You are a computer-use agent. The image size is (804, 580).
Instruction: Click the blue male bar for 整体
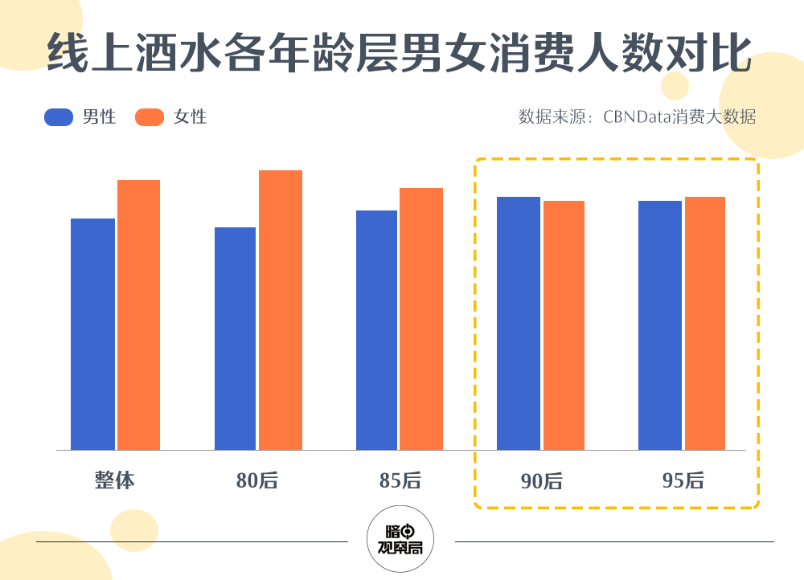click(x=92, y=334)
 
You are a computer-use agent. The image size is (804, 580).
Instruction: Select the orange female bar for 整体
click(x=138, y=315)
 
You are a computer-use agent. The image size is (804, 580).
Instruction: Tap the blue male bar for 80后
click(x=235, y=338)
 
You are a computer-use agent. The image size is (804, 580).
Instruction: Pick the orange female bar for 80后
click(x=281, y=310)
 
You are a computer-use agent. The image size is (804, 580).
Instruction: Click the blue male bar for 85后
click(x=376, y=330)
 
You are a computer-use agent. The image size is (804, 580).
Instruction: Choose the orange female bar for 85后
click(x=421, y=319)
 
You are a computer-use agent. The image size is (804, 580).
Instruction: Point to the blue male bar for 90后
click(x=519, y=323)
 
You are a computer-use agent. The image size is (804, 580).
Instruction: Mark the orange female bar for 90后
click(x=564, y=325)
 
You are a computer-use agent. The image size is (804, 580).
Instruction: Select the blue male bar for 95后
click(x=660, y=325)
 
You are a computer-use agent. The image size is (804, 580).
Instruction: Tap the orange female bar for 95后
click(x=705, y=323)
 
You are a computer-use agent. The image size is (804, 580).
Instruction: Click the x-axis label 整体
click(x=114, y=480)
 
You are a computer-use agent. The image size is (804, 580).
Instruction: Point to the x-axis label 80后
click(x=256, y=480)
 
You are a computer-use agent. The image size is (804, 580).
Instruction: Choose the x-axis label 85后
click(x=400, y=480)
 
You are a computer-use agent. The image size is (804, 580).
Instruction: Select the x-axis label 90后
click(x=541, y=481)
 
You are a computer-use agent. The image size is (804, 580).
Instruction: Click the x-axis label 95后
click(x=683, y=480)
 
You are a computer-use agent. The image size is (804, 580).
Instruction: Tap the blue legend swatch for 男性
click(x=59, y=117)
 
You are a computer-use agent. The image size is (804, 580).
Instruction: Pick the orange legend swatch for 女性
click(x=150, y=117)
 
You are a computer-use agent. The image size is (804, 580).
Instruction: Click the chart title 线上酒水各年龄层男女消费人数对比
click(x=400, y=55)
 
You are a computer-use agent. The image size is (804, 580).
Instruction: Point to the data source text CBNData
click(x=637, y=117)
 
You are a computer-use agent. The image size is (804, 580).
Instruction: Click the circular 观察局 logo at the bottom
click(x=400, y=539)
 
